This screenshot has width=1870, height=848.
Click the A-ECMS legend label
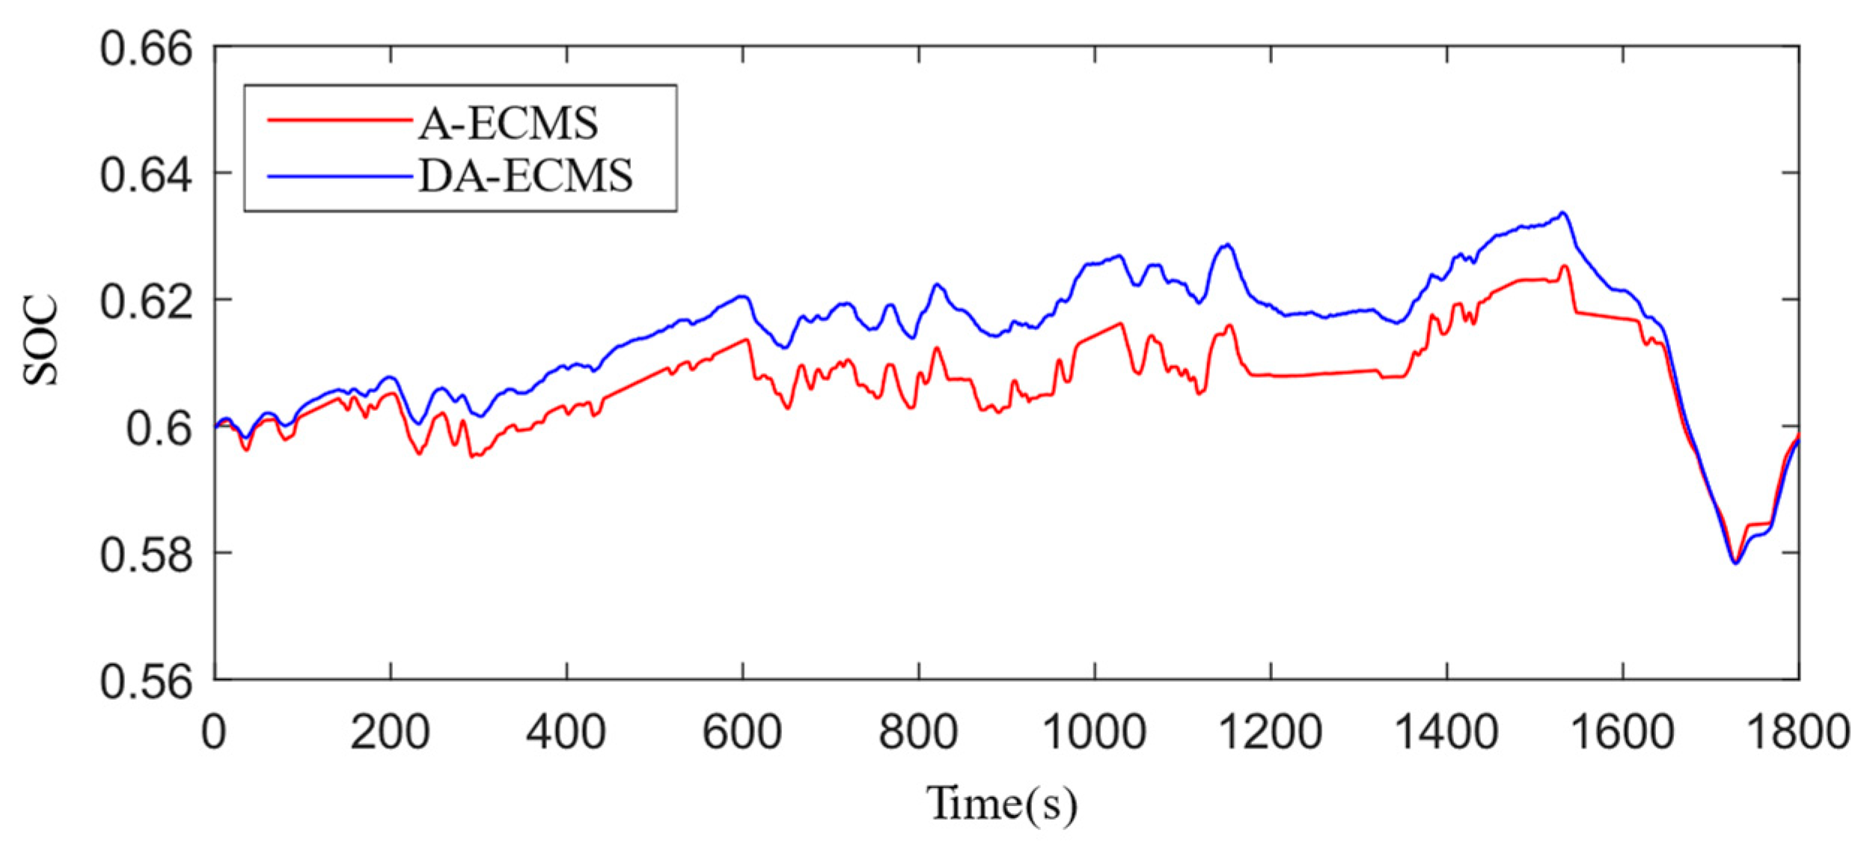click(x=508, y=123)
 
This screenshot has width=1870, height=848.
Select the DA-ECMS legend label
click(x=525, y=177)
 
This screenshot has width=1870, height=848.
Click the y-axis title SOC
click(x=40, y=341)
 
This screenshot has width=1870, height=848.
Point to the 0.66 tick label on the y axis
click(x=147, y=51)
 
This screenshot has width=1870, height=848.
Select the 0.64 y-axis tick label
click(x=147, y=176)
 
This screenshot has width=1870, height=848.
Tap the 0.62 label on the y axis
click(x=147, y=302)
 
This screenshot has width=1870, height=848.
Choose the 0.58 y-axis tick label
click(x=147, y=555)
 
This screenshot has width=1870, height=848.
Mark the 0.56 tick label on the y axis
click(x=147, y=681)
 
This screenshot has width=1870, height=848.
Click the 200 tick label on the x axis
click(x=390, y=732)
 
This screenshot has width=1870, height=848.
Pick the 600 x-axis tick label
click(x=742, y=732)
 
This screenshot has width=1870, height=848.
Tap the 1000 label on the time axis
click(x=1094, y=732)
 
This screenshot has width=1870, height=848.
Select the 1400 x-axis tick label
click(x=1446, y=732)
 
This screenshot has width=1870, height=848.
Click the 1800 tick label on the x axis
click(x=1798, y=732)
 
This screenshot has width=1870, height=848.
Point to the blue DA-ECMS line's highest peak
click(x=1562, y=213)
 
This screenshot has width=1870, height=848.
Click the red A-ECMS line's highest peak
click(x=1565, y=266)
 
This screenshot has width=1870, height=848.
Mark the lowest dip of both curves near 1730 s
click(x=1735, y=563)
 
